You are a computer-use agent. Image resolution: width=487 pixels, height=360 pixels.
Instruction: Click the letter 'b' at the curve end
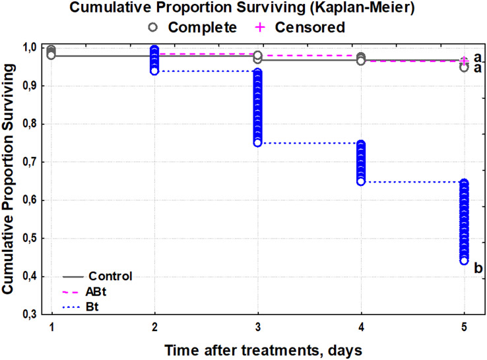[478, 268]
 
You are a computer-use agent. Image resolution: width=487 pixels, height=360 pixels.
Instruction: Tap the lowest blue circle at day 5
[464, 261]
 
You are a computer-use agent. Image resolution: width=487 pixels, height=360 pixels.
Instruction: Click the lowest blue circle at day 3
[257, 142]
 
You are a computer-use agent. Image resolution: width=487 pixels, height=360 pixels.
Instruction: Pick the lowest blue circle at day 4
[361, 181]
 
